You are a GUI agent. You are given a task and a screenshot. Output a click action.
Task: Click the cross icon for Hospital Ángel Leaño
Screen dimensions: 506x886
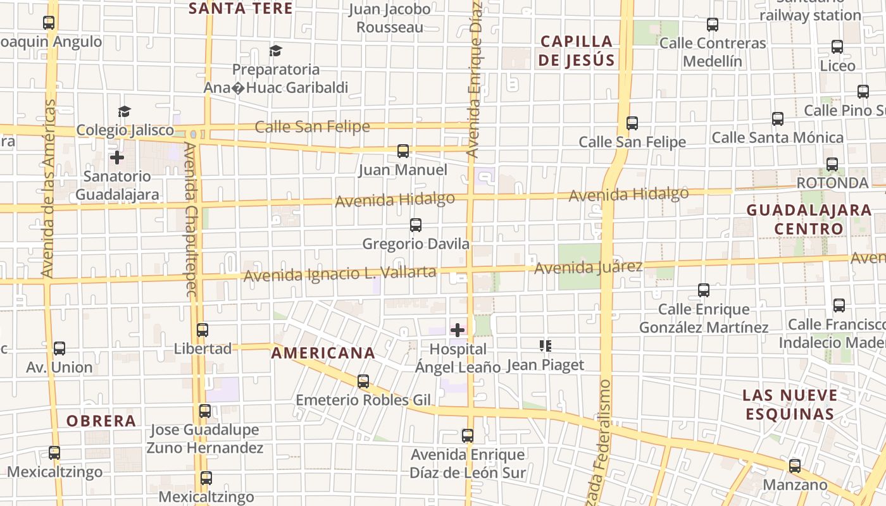pyautogui.click(x=457, y=330)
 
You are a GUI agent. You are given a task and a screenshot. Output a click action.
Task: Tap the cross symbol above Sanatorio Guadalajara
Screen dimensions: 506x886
pyautogui.click(x=117, y=157)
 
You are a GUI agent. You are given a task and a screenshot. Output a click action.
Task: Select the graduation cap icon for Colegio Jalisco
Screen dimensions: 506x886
pyautogui.click(x=124, y=112)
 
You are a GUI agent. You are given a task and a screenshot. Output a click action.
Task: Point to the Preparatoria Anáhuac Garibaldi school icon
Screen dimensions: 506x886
pyautogui.click(x=275, y=51)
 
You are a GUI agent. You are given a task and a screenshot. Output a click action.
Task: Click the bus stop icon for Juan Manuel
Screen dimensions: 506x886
pyautogui.click(x=403, y=151)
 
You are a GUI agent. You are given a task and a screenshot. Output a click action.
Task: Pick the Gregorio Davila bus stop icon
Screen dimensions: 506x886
pyautogui.click(x=416, y=225)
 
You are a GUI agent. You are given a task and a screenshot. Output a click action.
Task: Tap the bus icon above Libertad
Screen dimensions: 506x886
pyautogui.click(x=203, y=330)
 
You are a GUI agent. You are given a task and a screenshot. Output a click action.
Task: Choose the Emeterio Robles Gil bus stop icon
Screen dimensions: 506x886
pyautogui.click(x=363, y=381)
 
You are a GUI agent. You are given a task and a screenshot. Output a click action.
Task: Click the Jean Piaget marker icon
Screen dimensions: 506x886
pyautogui.click(x=546, y=346)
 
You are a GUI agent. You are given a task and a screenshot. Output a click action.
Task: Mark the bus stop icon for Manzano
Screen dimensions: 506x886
pyautogui.click(x=795, y=466)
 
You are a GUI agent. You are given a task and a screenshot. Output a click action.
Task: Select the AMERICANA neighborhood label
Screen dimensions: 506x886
pyautogui.click(x=323, y=354)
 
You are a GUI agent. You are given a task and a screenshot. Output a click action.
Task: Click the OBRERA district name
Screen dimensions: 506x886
pyautogui.click(x=101, y=421)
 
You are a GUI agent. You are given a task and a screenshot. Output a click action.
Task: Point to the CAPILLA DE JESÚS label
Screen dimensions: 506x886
pyautogui.click(x=577, y=51)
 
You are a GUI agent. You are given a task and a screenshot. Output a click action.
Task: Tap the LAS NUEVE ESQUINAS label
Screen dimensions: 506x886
pyautogui.click(x=790, y=405)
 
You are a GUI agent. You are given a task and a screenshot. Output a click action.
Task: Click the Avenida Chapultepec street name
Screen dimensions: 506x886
pyautogui.click(x=190, y=219)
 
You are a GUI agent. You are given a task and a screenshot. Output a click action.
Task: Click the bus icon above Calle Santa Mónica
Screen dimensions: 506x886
pyautogui.click(x=778, y=118)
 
